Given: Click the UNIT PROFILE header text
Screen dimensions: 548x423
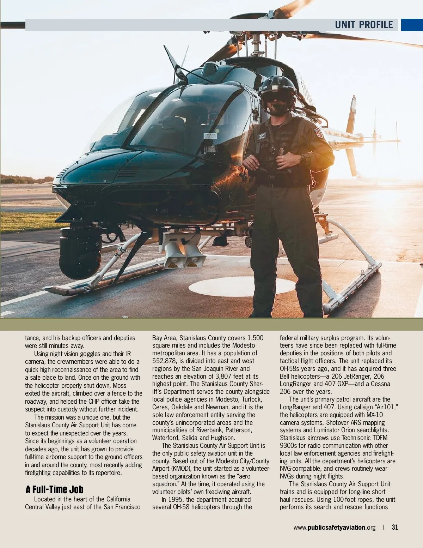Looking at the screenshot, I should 363,25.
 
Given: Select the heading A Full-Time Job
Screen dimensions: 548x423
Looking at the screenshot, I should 55,489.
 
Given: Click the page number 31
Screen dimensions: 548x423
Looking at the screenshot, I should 395,527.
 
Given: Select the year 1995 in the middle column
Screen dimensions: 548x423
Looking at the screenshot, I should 175,499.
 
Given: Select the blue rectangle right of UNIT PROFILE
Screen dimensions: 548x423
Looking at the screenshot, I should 412,25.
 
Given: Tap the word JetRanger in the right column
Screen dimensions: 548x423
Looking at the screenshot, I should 358,376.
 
